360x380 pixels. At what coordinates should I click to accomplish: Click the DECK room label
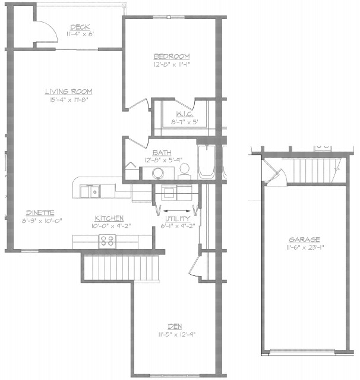80,27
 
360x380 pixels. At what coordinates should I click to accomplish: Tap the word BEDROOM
171,56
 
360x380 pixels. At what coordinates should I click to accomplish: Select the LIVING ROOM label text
68,91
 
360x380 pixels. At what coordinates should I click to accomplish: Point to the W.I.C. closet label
183,114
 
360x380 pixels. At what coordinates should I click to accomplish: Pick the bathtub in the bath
207,161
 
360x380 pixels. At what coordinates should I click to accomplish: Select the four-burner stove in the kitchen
107,241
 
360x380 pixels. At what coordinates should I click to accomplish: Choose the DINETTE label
40,213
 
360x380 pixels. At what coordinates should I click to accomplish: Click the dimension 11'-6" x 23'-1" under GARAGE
305,247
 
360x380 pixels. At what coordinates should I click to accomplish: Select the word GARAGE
305,240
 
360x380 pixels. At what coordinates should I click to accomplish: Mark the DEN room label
175,326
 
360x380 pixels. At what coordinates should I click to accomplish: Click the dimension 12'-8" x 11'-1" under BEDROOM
171,64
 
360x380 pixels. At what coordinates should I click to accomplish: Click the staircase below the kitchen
122,266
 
